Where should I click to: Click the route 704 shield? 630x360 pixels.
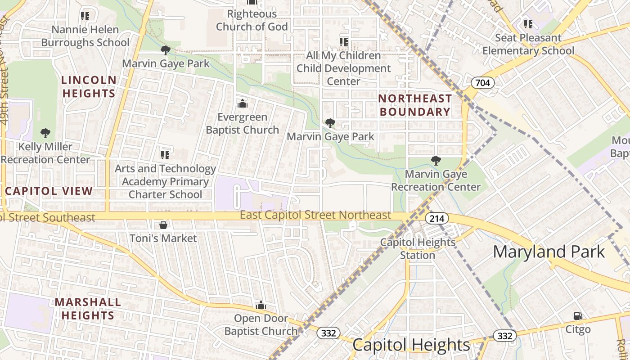click(x=483, y=83)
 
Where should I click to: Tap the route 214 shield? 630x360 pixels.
click(x=436, y=219)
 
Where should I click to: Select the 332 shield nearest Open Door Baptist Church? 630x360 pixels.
click(x=328, y=333)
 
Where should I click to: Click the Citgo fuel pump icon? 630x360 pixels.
click(x=578, y=316)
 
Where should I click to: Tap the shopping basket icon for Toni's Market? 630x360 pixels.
click(x=163, y=225)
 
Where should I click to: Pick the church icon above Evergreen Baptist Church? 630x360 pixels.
click(x=243, y=104)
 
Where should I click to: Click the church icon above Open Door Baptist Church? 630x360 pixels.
click(x=261, y=306)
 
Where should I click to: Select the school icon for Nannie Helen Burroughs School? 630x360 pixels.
click(x=85, y=16)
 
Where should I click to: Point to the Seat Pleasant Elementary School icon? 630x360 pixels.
click(x=528, y=24)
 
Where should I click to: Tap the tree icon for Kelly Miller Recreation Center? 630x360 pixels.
click(x=45, y=133)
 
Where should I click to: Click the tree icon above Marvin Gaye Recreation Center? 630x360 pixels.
click(x=436, y=160)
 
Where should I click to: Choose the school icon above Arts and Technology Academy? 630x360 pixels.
click(x=165, y=155)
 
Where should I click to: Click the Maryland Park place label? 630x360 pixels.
click(x=549, y=252)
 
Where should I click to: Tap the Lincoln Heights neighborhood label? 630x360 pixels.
click(x=89, y=87)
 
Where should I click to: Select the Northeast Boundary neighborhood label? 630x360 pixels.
click(x=415, y=105)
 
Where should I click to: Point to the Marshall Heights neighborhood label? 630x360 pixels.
click(x=88, y=308)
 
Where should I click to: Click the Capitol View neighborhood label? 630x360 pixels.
click(x=49, y=191)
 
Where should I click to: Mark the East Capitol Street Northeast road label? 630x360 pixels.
click(x=315, y=215)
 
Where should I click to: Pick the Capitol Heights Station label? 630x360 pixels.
click(x=418, y=248)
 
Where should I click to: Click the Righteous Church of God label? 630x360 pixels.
click(x=252, y=20)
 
